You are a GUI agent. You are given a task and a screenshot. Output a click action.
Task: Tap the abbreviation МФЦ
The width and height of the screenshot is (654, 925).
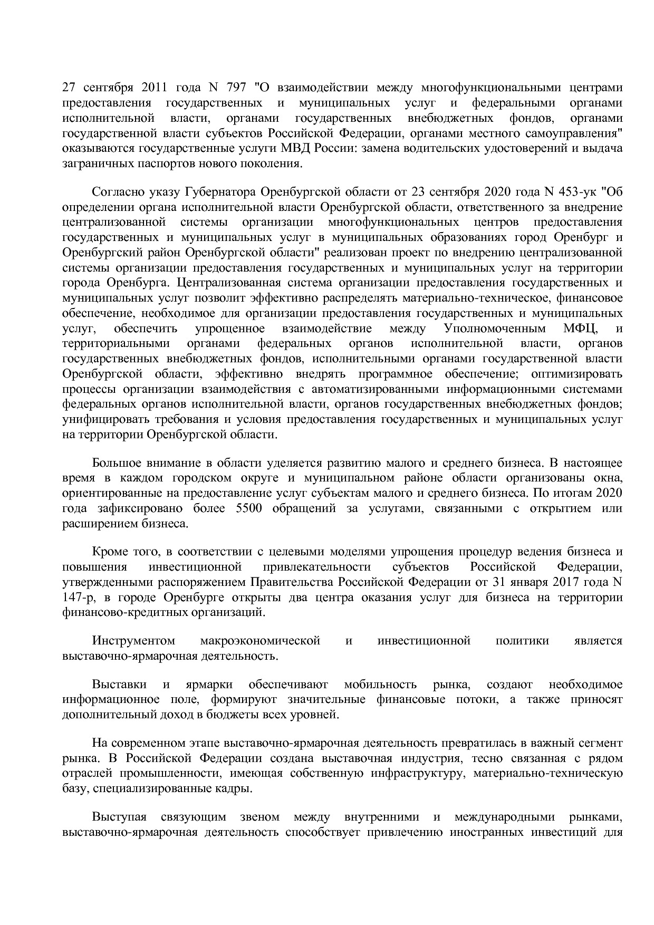pos(581,329)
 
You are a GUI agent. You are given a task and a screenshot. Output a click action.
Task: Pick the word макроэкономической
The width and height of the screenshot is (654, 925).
pos(260,641)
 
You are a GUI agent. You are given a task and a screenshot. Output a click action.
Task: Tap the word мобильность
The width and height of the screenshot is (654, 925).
pos(380,685)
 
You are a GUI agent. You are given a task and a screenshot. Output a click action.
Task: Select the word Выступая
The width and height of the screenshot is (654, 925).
pos(119,817)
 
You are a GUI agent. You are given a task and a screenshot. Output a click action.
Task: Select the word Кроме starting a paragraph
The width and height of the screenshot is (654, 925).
pos(110,552)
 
